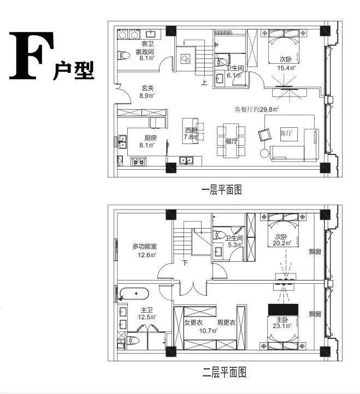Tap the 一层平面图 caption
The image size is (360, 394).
(221, 190)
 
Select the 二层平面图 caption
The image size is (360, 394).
(225, 373)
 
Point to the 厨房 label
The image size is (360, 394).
(151, 138)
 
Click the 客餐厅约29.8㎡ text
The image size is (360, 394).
(257, 109)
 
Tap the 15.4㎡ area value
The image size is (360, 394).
(286, 68)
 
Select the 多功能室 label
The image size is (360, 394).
(145, 247)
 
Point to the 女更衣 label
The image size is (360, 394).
(193, 323)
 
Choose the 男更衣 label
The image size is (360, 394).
(226, 323)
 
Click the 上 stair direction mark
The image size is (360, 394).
(204, 83)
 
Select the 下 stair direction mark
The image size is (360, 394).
(185, 263)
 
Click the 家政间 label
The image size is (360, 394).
(146, 52)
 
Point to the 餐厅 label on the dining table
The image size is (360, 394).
(232, 141)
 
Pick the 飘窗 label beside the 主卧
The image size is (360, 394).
(315, 314)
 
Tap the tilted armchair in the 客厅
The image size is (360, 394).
(267, 133)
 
